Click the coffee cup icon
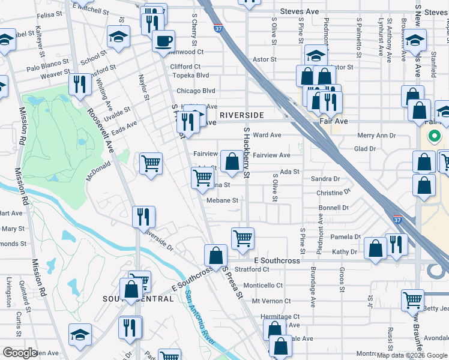tap(163, 41)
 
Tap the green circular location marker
tap(433, 136)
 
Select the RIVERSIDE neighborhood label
tap(242, 115)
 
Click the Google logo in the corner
tap(20, 353)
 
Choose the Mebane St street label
tap(223, 200)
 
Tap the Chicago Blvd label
tap(196, 91)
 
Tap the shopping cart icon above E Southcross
tap(243, 238)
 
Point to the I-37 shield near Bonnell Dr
tap(397, 221)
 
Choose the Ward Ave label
tap(267, 136)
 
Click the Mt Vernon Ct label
tap(271, 301)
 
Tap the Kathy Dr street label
tap(345, 252)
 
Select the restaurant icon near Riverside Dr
tap(144, 216)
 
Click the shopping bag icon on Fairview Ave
tap(232, 160)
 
